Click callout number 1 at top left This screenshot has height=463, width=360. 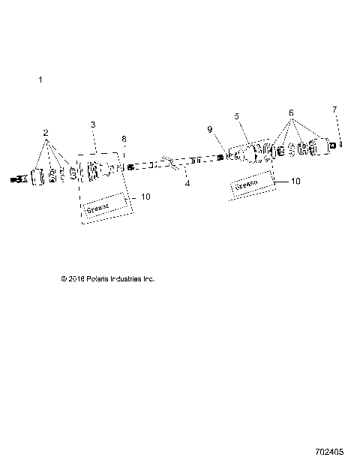(40, 79)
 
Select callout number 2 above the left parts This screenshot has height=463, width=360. (46, 133)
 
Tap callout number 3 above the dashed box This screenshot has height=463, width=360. (93, 124)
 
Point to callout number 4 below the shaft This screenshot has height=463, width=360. (187, 182)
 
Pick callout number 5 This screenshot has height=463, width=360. (236, 116)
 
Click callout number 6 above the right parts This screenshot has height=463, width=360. (290, 113)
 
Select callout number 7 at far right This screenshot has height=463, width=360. (334, 110)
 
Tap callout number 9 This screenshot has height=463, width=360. (210, 130)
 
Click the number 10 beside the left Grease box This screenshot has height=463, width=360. (145, 197)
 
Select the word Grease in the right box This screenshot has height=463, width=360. (247, 185)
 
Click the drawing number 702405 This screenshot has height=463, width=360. (330, 453)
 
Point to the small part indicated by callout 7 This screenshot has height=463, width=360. (340, 143)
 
